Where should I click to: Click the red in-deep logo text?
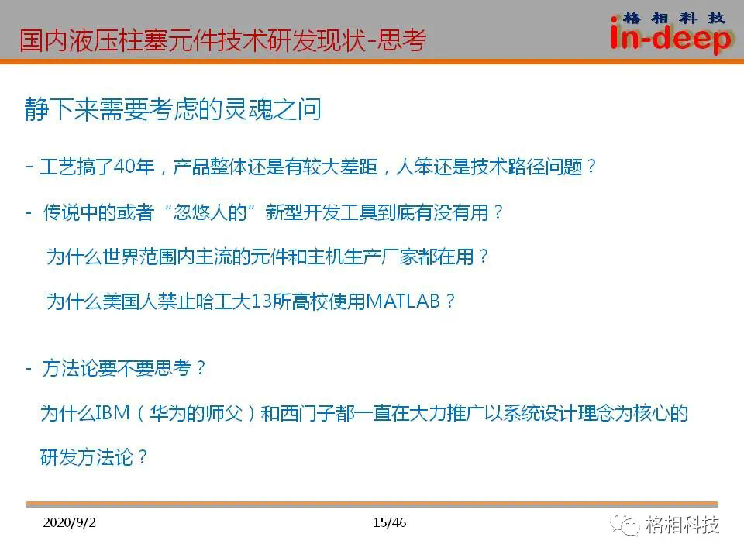coord(671,38)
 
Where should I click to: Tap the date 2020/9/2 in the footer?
coord(69,522)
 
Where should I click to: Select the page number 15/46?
coord(389,522)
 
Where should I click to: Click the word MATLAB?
coord(403,301)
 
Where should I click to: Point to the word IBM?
coord(112,413)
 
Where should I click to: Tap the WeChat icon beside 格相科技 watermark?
coord(625,525)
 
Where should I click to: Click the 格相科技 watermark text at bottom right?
coord(682,525)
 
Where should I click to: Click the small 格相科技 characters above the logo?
coord(673,18)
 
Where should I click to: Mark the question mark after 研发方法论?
coord(143,457)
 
